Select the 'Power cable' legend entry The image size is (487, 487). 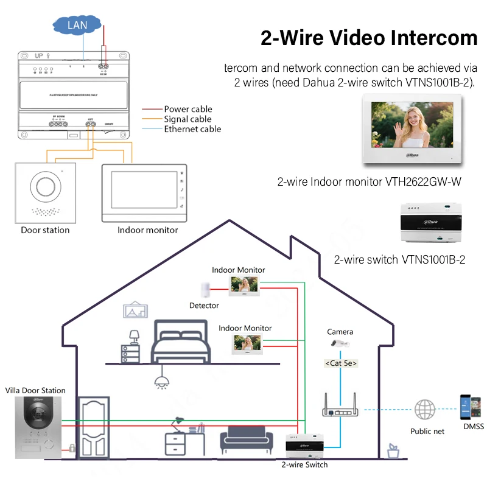[x=188, y=110]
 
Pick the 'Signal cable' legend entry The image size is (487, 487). [x=187, y=119]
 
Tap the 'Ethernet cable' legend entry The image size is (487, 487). [x=192, y=129]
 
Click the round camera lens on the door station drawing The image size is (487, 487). [x=45, y=186]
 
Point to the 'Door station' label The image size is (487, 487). [x=45, y=230]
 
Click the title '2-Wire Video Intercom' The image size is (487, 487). [x=369, y=38]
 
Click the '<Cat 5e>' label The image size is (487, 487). [x=340, y=363]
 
